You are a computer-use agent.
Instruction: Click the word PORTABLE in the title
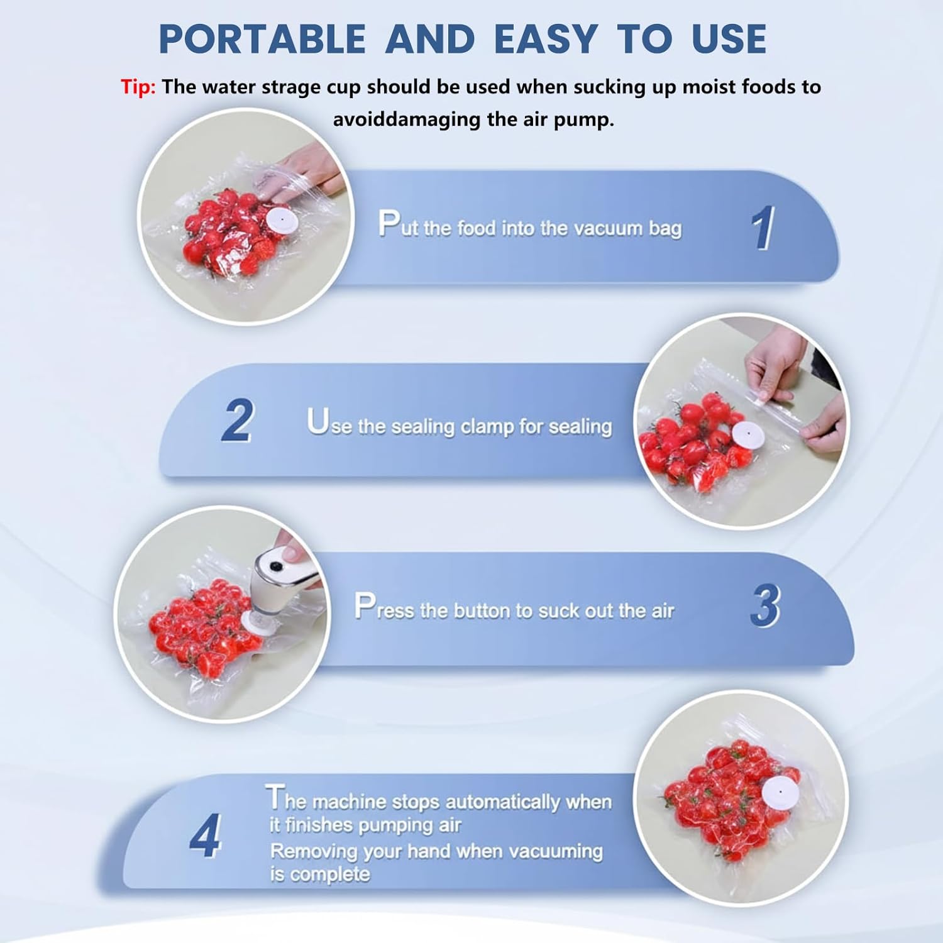pyautogui.click(x=262, y=39)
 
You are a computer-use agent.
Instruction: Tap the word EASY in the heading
pyautogui.click(x=545, y=39)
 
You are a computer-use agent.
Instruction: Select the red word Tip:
pyautogui.click(x=138, y=87)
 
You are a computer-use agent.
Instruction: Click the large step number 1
pyautogui.click(x=763, y=228)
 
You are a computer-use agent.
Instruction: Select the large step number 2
pyautogui.click(x=238, y=421)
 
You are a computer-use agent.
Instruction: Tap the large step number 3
pyautogui.click(x=765, y=606)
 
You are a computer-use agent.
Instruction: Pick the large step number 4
pyautogui.click(x=206, y=835)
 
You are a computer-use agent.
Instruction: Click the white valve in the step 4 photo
pyautogui.click(x=780, y=793)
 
